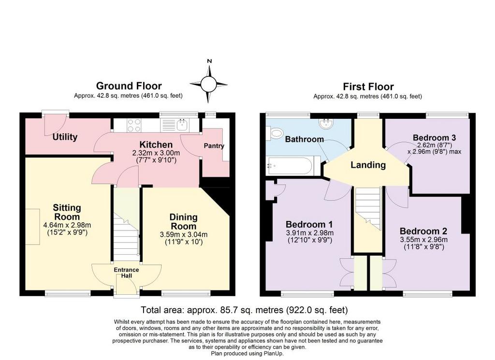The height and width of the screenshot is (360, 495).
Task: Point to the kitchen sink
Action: [x=182, y=125]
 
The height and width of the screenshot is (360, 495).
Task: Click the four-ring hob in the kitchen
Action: [x=133, y=125]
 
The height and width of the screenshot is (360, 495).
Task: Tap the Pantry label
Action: [x=214, y=146]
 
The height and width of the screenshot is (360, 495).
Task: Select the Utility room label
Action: [x=65, y=137]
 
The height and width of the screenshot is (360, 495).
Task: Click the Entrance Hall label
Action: [x=126, y=273]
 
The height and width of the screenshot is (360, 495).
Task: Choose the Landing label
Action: [x=368, y=165]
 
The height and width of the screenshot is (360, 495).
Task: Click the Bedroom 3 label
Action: [x=435, y=138]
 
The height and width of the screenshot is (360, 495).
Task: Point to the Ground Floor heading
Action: [x=129, y=86]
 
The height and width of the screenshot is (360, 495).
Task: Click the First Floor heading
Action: [x=368, y=86]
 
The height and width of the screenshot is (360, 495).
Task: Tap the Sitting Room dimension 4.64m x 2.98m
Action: [x=67, y=225]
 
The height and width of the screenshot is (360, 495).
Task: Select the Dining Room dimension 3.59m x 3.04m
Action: [x=184, y=235]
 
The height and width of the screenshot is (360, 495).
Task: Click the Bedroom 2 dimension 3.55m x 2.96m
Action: [x=423, y=240]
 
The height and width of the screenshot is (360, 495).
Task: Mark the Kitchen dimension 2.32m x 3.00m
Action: [x=156, y=153]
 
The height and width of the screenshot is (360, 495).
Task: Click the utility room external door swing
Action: [x=55, y=123]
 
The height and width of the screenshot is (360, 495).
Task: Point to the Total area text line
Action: [x=244, y=310]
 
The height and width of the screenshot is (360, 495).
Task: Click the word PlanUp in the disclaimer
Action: [x=273, y=354]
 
